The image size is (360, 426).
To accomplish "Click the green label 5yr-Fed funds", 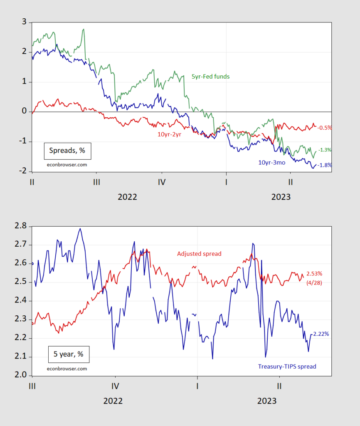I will [x=210, y=77].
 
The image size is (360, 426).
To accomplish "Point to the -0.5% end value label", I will [x=324, y=128].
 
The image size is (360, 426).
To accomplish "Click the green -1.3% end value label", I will [x=325, y=150].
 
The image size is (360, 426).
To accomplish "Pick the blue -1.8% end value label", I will [x=325, y=165].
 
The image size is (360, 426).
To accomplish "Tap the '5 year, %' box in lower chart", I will [x=69, y=354].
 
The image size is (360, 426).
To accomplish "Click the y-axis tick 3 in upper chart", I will [x=24, y=22].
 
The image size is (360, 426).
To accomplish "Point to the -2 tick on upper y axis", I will [x=22, y=171].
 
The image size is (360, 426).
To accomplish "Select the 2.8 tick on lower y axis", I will [x=20, y=226].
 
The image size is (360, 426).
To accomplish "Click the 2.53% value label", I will [x=314, y=274].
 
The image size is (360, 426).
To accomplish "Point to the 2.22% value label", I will [x=321, y=334].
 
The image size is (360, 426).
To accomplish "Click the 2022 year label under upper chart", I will [x=127, y=197].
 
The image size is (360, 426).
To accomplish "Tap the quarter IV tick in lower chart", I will [x=115, y=386].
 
